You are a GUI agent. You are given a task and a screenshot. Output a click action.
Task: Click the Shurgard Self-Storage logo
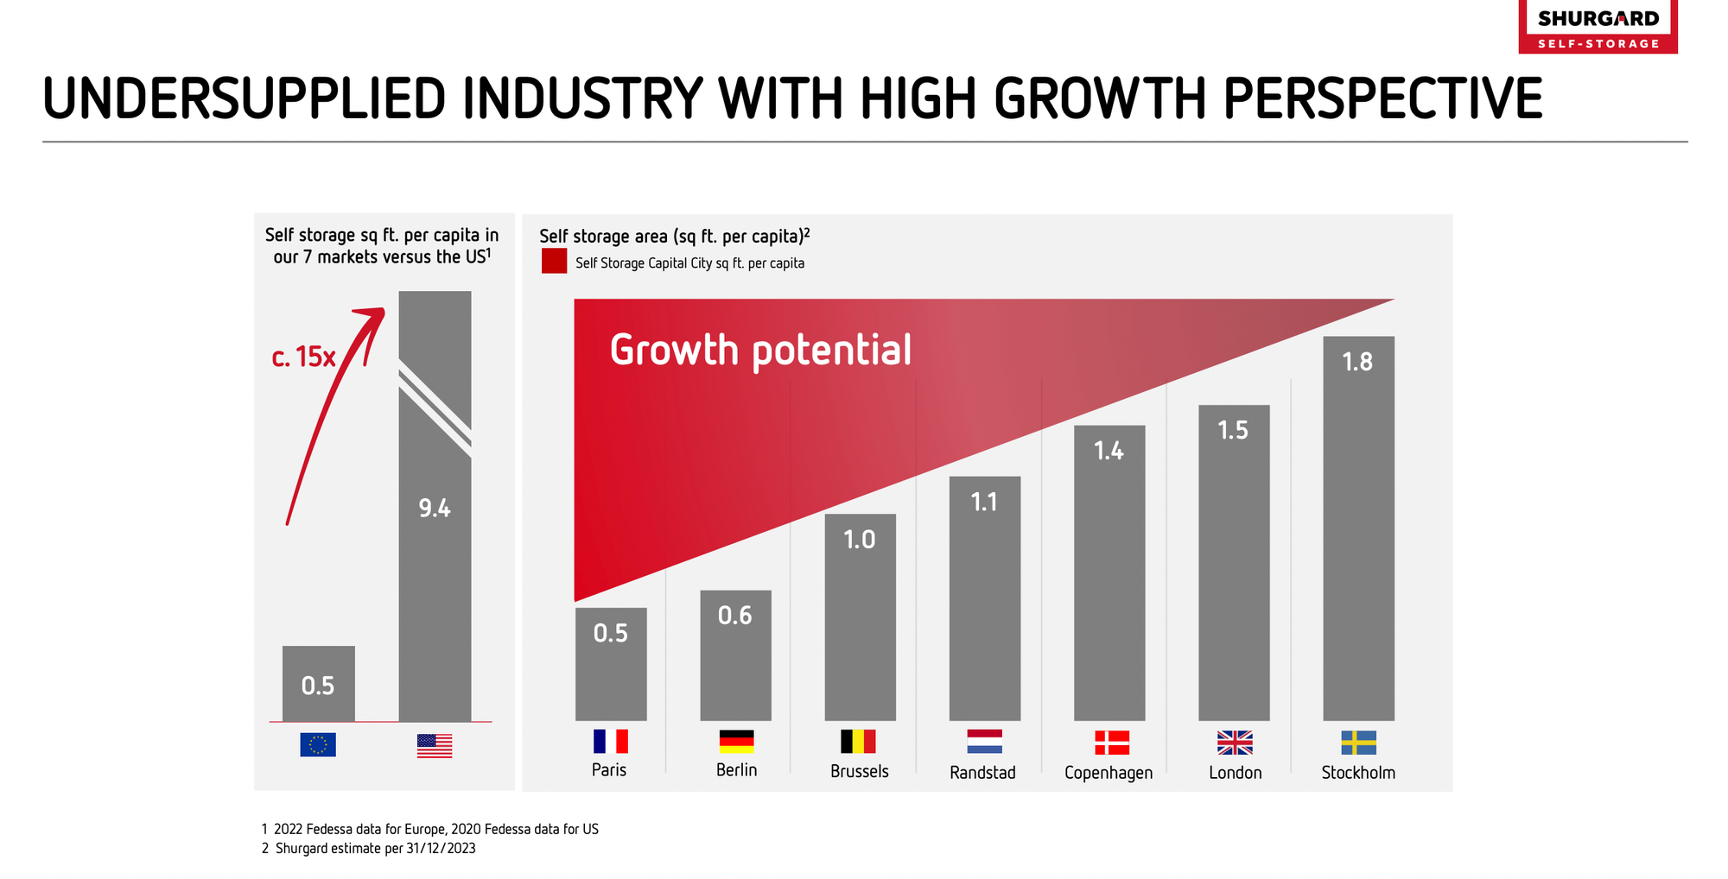click(1598, 27)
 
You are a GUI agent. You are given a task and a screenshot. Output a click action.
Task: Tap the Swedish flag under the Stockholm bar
click(1358, 743)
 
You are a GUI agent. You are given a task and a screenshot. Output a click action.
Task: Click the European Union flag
click(318, 744)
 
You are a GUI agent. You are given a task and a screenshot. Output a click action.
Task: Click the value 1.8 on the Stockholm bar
click(1357, 362)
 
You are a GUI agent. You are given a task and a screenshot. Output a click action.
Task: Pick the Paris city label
click(609, 770)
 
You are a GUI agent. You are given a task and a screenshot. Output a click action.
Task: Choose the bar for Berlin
click(735, 656)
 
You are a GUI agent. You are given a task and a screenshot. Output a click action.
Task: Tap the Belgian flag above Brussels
click(858, 742)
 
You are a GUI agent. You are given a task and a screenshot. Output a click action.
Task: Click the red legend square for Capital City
click(554, 262)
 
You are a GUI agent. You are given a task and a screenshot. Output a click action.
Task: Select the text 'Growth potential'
click(760, 351)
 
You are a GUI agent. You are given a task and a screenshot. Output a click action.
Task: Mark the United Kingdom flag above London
click(1235, 743)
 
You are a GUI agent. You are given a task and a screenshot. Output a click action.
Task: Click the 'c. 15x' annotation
click(303, 357)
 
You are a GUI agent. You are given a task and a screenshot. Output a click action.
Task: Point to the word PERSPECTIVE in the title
click(1382, 98)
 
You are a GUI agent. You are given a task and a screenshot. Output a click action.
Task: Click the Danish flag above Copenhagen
click(1112, 743)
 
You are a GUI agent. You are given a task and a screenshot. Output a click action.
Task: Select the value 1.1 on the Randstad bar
click(984, 502)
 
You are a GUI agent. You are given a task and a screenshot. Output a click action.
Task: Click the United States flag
click(435, 745)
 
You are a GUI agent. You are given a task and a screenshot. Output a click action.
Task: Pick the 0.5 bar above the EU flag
click(318, 684)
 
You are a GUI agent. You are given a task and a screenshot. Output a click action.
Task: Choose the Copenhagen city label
click(1109, 773)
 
